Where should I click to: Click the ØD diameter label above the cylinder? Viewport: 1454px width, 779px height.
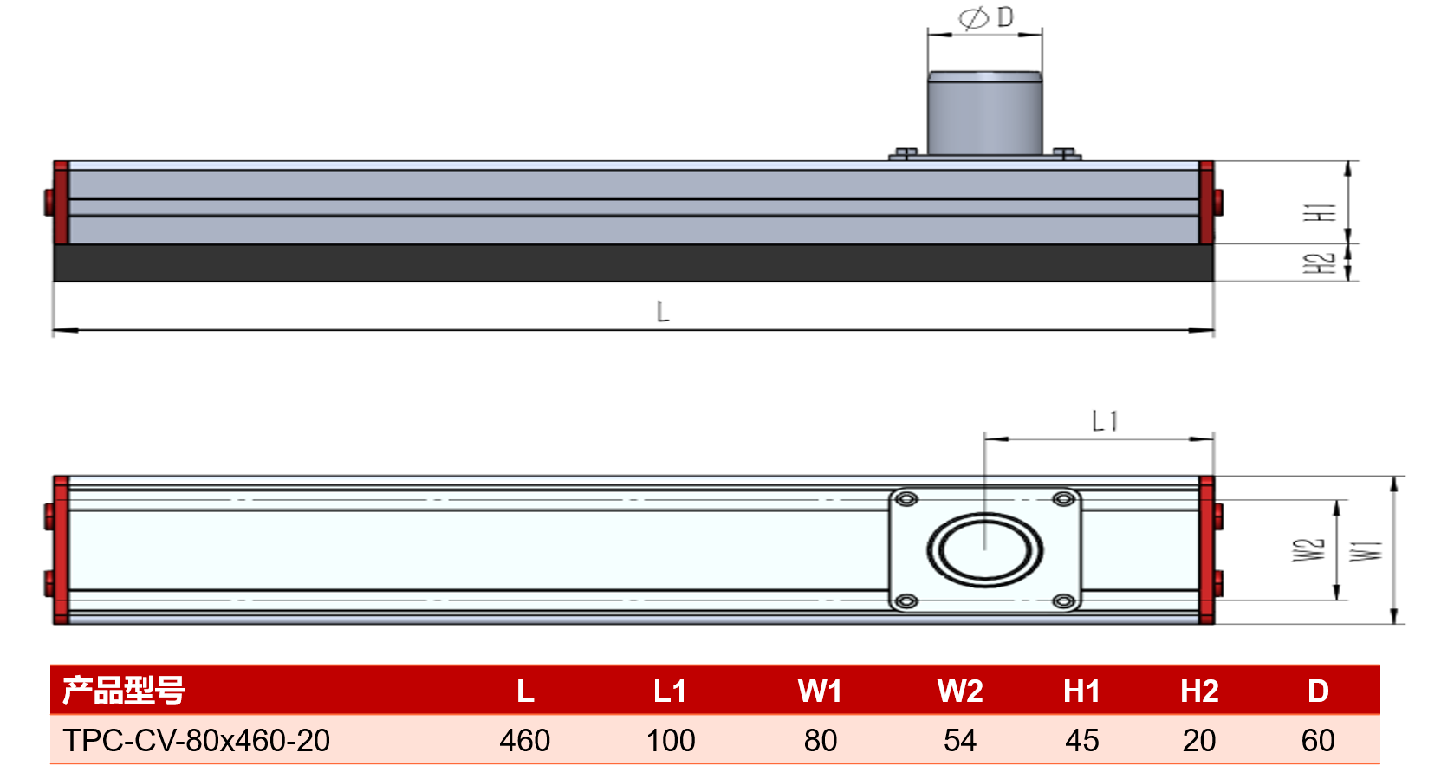pos(986,17)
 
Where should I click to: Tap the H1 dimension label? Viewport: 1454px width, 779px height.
pos(1321,212)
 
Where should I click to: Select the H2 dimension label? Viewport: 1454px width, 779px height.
pos(1320,263)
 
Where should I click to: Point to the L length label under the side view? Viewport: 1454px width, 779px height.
pos(662,312)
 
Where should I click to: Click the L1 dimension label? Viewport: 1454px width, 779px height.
pos(1105,421)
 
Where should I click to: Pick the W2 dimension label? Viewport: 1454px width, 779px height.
pos(1308,550)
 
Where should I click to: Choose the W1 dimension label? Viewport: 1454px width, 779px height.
pos(1366,551)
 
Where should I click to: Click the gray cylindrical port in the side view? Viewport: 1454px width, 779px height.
pos(984,113)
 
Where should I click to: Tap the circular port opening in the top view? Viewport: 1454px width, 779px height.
pos(984,550)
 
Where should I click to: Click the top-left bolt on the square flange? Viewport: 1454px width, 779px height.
pos(906,498)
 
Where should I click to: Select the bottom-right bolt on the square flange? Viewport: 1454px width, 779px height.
pos(1063,601)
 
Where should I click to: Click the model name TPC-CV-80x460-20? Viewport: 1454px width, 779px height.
pos(196,740)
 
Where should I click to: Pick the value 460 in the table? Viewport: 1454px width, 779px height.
pos(524,740)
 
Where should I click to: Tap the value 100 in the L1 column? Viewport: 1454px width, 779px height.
pos(671,740)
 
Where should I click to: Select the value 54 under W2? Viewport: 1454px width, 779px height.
pos(960,740)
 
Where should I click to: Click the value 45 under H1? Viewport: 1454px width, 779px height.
pos(1082,740)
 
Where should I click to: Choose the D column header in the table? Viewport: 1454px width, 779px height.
pos(1318,691)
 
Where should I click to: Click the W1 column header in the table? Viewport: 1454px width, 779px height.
pos(820,691)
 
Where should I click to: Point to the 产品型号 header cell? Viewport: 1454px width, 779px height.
pos(124,690)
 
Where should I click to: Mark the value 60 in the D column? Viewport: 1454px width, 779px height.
pos(1318,740)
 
